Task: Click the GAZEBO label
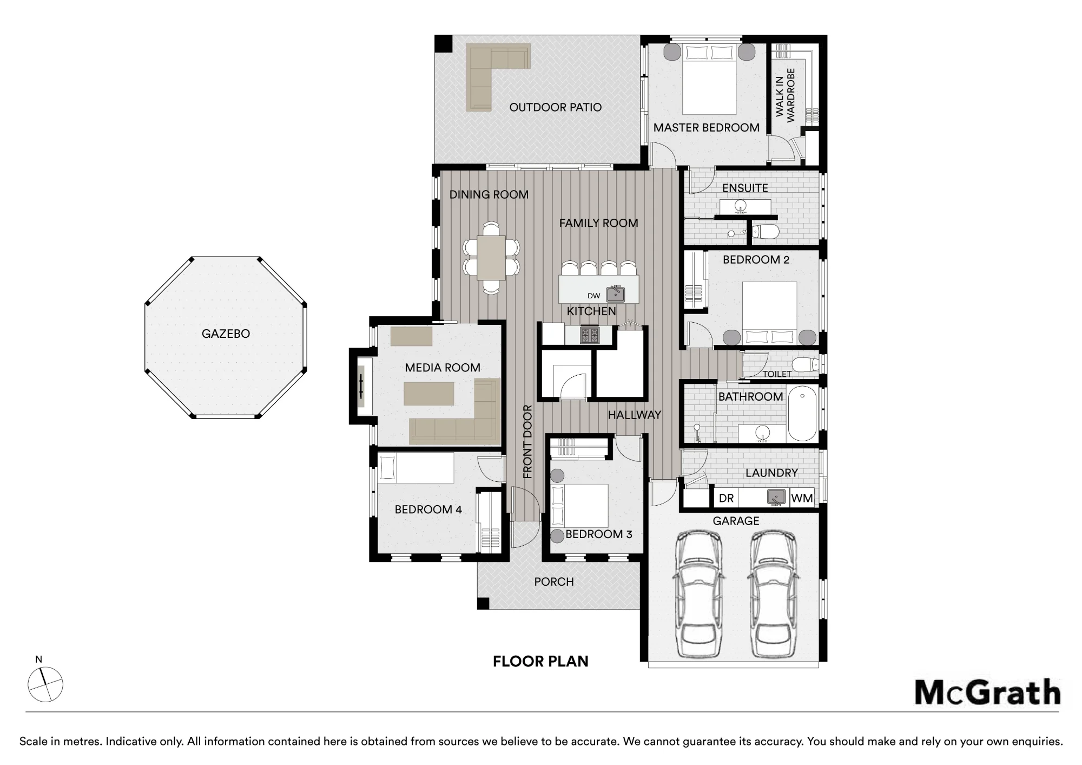click(226, 334)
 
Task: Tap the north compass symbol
click(45, 684)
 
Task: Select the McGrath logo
click(987, 692)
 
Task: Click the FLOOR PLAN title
click(540, 661)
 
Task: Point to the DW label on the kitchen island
click(594, 296)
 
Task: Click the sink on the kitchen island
click(616, 294)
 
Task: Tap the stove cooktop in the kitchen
click(590, 335)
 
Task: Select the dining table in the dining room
click(491, 258)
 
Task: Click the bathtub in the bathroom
click(802, 413)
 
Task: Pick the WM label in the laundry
click(802, 498)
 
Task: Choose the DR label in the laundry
click(726, 498)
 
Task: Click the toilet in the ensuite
click(767, 232)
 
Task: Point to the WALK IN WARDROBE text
click(785, 95)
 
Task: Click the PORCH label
click(554, 582)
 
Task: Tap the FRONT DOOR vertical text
click(528, 442)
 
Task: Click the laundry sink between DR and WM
click(776, 497)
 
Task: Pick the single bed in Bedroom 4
click(415, 468)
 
